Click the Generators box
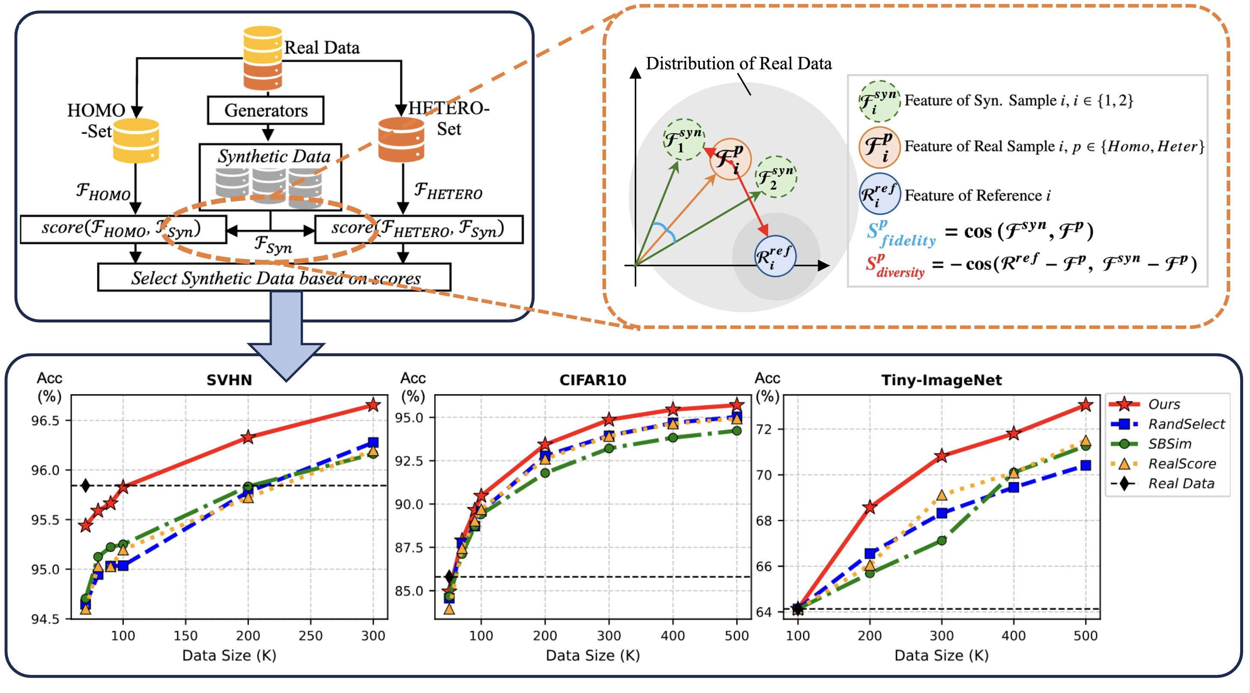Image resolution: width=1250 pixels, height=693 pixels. pyautogui.click(x=266, y=111)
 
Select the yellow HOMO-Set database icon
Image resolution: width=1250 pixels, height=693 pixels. pyautogui.click(x=136, y=141)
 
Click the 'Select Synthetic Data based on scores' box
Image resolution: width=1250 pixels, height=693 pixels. pyautogui.click(x=275, y=278)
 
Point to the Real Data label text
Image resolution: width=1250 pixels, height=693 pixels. pyautogui.click(x=322, y=48)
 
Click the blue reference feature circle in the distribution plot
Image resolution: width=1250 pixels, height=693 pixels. pyautogui.click(x=775, y=256)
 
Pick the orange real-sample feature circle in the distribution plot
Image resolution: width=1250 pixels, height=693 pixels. pyautogui.click(x=730, y=159)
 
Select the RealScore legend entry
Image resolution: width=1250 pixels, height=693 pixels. pyautogui.click(x=1181, y=463)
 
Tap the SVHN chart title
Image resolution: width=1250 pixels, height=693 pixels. pyautogui.click(x=229, y=380)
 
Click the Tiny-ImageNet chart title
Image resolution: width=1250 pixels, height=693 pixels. pyautogui.click(x=942, y=380)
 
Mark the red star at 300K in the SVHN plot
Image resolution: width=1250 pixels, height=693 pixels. pyautogui.click(x=373, y=405)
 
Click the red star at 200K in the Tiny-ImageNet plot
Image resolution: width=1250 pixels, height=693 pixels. pyautogui.click(x=870, y=507)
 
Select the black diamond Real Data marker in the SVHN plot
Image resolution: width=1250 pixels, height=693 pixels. pyautogui.click(x=85, y=485)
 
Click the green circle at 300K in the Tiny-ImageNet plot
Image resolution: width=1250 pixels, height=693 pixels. pyautogui.click(x=942, y=540)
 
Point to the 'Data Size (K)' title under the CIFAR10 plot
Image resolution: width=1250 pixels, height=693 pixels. pyautogui.click(x=592, y=656)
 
